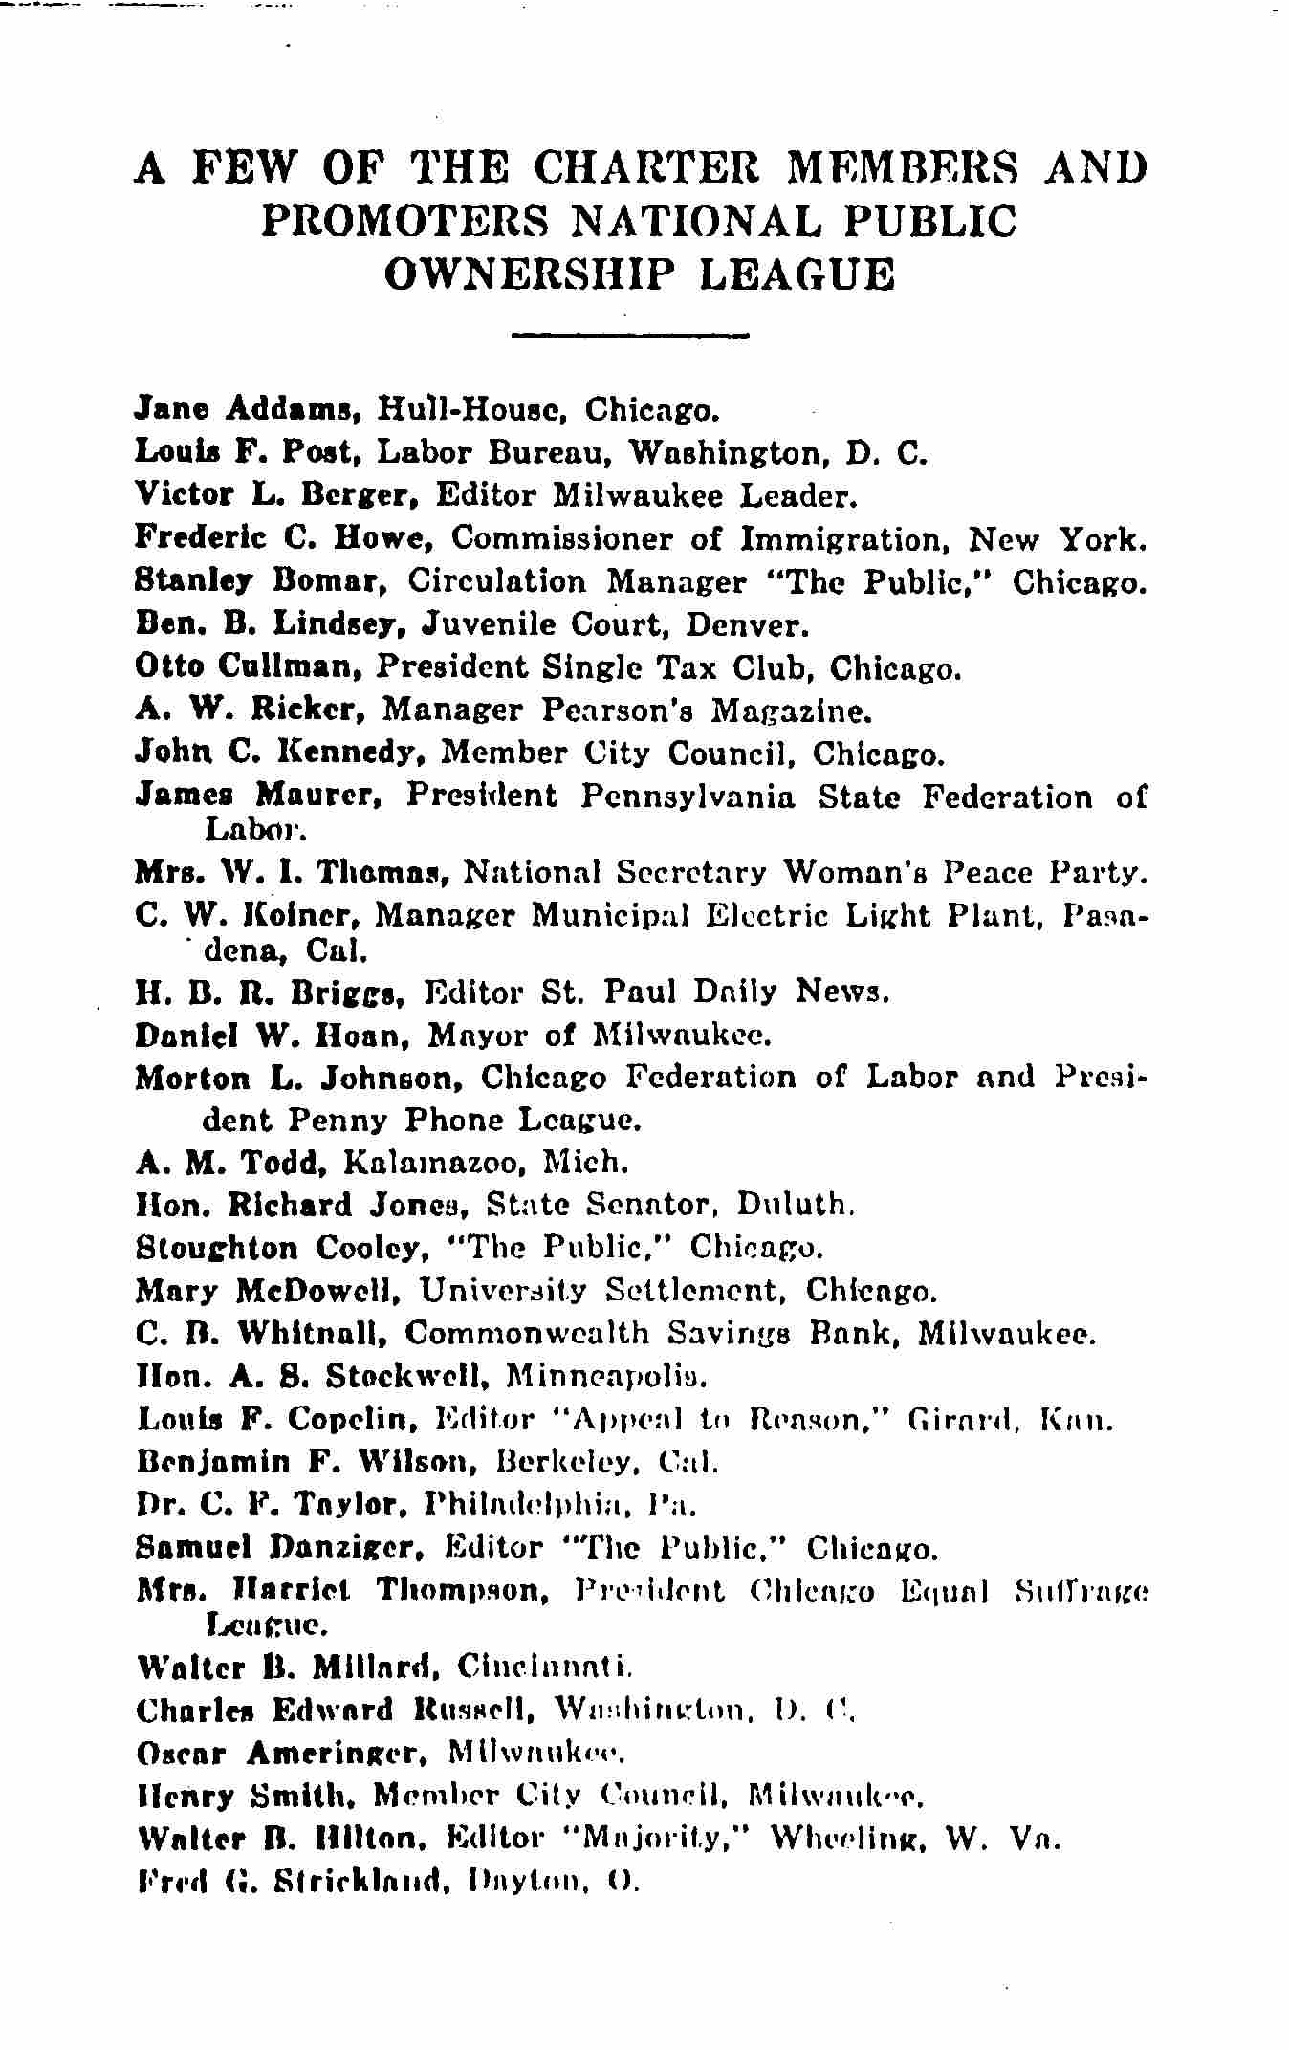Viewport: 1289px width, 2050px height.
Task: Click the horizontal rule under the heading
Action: pyautogui.click(x=630, y=336)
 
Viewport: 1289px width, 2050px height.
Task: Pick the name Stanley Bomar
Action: pyautogui.click(x=264, y=581)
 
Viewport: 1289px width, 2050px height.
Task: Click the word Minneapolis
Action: pyautogui.click(x=606, y=1376)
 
